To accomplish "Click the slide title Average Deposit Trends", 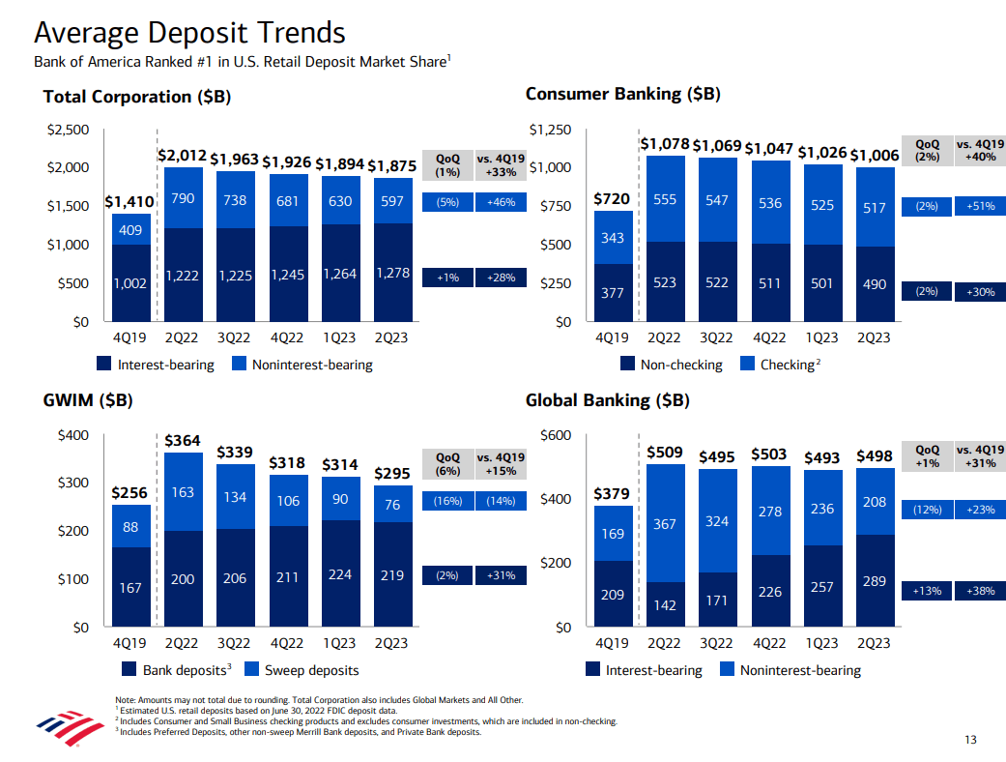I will point(189,33).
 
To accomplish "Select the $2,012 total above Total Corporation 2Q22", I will point(182,155).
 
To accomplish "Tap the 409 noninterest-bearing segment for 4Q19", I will point(129,230).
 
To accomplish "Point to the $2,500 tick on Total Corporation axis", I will point(69,130).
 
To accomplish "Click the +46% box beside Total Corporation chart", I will point(502,203).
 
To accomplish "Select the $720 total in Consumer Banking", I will point(611,198).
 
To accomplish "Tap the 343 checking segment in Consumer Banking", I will point(611,238).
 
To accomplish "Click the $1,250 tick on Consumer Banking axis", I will point(550,130).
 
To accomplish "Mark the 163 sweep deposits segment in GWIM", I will point(183,491).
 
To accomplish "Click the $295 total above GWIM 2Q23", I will point(391,473).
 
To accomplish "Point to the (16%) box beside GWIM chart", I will point(447,501).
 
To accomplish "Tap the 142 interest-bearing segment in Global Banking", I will point(664,605).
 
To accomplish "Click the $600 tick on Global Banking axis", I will point(557,435).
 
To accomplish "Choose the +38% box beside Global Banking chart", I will point(979,589).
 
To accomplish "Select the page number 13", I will point(970,741).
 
